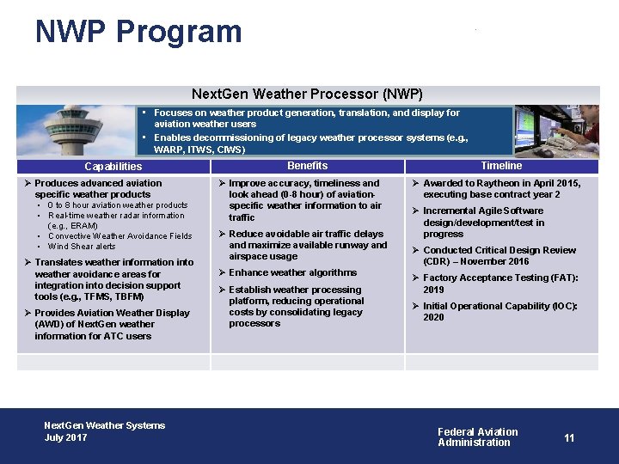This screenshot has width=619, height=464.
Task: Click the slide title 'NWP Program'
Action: [138, 32]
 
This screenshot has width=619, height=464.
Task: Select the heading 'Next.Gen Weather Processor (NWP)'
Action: [307, 94]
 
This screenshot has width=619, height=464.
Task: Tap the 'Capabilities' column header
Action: [113, 167]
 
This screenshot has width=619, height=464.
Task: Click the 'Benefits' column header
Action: [307, 166]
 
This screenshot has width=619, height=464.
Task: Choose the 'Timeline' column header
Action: [501, 166]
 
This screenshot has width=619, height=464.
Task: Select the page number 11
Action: [569, 438]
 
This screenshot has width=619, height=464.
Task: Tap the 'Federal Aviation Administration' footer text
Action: [477, 437]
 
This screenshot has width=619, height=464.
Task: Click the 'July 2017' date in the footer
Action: [66, 437]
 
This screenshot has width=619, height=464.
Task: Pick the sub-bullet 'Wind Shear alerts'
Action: [82, 247]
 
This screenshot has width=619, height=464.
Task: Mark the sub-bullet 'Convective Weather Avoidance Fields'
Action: [120, 236]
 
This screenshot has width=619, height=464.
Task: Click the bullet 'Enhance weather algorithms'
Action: [292, 273]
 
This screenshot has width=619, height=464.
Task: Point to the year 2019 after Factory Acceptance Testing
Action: [433, 290]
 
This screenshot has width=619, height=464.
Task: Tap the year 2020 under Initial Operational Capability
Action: [433, 318]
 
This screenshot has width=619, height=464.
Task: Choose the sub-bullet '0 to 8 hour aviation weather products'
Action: [118, 205]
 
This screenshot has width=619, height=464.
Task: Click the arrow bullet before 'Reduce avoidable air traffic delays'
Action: [222, 235]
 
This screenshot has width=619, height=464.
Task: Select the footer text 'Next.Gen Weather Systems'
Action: [104, 425]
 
